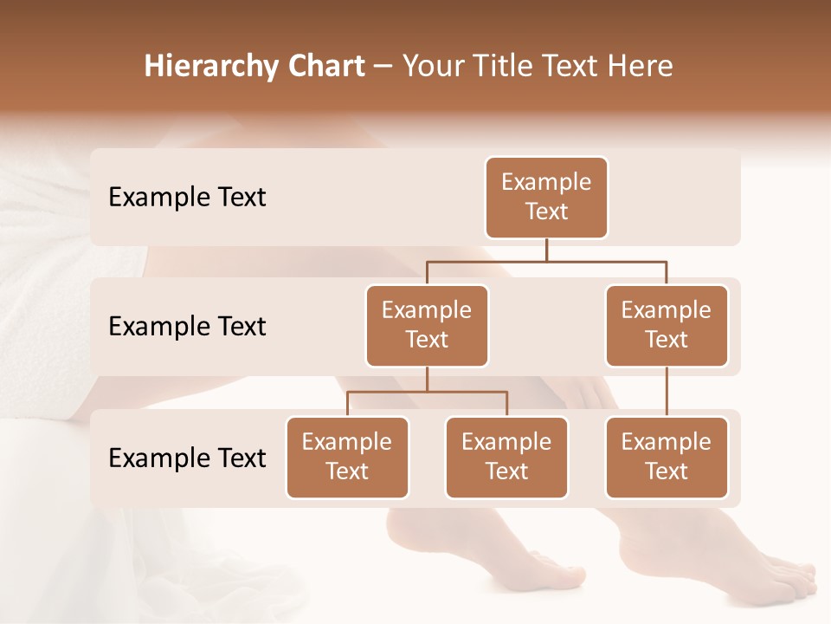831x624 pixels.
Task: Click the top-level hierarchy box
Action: point(546,198)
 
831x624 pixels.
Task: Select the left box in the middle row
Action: point(427,326)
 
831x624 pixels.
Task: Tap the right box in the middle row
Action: point(667,326)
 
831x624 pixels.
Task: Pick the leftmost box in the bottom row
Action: point(347,458)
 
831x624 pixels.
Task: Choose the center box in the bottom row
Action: point(506,458)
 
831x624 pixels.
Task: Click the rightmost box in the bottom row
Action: point(667,458)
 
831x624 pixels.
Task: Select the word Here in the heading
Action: point(640,67)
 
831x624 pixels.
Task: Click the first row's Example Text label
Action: point(187,198)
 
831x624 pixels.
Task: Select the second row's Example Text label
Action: point(187,327)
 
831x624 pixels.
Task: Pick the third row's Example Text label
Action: point(187,458)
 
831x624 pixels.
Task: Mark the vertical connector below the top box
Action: point(546,250)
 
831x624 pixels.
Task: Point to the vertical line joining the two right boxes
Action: point(667,392)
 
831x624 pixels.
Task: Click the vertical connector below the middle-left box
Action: point(427,380)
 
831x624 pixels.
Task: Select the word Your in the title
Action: point(431,67)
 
